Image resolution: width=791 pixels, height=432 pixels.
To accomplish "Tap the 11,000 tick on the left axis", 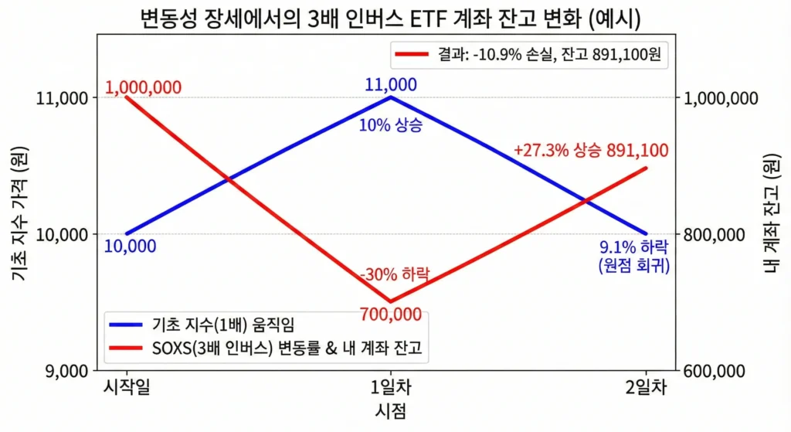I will (63, 98).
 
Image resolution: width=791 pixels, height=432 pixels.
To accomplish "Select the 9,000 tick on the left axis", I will (66, 371).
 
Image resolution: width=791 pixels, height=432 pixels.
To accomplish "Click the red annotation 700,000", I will (391, 315).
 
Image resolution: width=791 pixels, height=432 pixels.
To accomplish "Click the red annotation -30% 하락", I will (394, 274).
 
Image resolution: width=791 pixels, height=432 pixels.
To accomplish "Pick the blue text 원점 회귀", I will (634, 266).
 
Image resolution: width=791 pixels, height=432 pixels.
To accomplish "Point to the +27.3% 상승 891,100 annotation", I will (591, 151).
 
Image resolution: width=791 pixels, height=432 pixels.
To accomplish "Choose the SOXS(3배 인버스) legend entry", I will (270, 349).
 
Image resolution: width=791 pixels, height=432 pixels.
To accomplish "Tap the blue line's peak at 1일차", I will (392, 97).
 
